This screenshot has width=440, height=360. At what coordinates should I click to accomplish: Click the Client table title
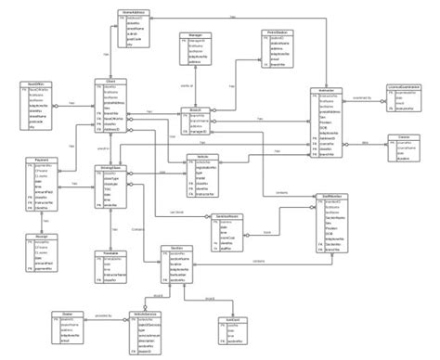(109, 82)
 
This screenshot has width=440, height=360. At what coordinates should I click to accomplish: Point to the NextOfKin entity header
(38, 83)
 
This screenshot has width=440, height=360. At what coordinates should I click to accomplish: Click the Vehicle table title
(203, 157)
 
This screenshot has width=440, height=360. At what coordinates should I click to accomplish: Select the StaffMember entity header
(335, 196)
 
